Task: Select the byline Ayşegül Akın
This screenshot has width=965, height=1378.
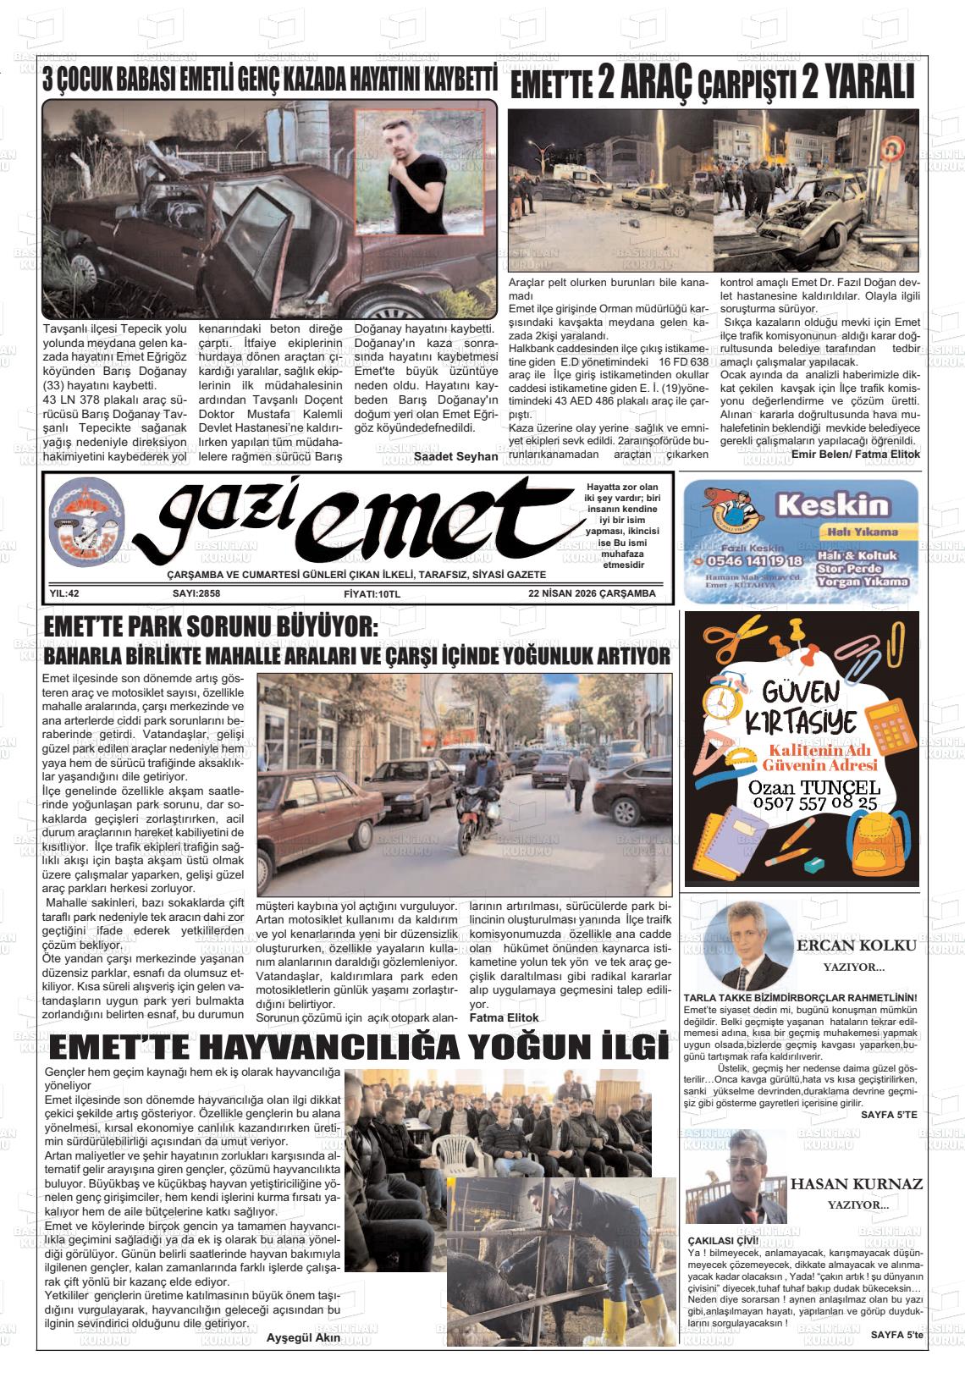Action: pos(303,1337)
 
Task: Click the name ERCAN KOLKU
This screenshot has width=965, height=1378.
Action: pos(856,945)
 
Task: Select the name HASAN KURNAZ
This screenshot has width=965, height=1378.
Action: pos(856,1183)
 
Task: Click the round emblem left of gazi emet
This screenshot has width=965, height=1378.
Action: pos(87,531)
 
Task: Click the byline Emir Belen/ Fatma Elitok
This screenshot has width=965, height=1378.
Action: pos(855,455)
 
